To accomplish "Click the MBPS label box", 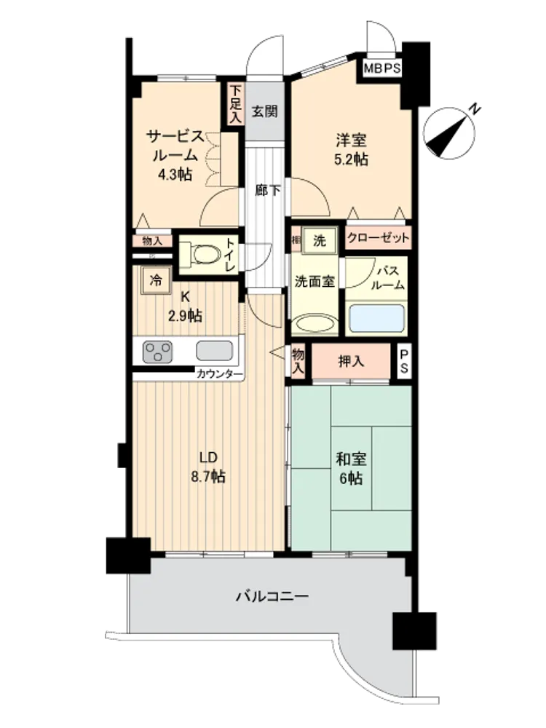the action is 382,68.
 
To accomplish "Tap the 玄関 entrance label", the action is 265,111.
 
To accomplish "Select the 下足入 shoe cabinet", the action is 236,104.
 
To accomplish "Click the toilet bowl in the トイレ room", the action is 205,254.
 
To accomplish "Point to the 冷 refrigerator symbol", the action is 156,280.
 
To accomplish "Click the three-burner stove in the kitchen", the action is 157,352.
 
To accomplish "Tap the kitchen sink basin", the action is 214,351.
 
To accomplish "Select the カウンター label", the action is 220,374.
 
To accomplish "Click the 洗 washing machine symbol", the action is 320,240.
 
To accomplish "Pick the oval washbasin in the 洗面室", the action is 316,324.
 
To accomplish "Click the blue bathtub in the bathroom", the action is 376,318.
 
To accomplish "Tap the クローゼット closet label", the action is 378,238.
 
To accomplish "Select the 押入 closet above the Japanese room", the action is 351,361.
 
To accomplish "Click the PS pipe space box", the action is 404,361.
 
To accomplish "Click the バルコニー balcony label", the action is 272,596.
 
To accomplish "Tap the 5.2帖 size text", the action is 351,159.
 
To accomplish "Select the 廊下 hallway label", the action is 267,190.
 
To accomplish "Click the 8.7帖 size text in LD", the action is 208,476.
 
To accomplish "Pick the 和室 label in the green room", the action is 351,459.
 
